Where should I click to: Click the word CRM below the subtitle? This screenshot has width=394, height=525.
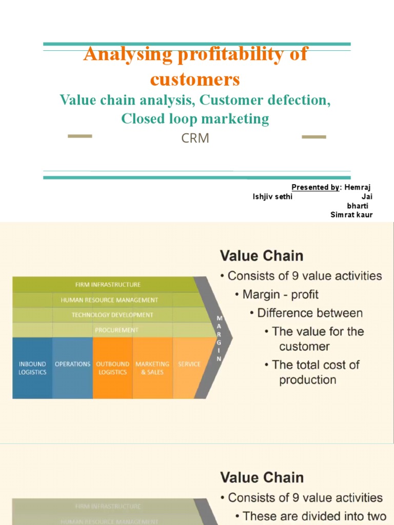(195, 138)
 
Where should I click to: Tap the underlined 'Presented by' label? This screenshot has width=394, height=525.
(315, 187)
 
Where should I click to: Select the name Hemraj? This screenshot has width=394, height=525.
(358, 187)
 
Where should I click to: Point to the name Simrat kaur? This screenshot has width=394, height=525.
(351, 215)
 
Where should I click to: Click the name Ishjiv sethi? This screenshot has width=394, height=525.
(272, 197)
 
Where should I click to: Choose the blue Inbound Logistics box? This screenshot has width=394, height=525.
(32, 368)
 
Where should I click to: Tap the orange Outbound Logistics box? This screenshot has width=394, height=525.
(113, 368)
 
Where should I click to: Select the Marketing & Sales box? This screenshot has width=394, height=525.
(152, 368)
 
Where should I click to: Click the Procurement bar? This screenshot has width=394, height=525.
(116, 330)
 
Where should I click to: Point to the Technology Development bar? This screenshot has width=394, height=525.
(112, 315)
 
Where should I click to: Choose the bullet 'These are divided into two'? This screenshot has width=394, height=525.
(312, 515)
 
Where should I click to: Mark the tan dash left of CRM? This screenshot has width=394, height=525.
(80, 136)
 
